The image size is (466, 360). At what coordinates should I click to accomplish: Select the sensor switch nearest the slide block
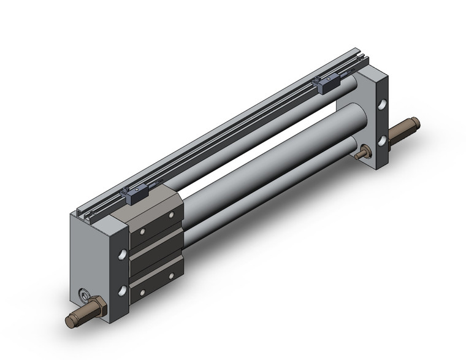tap(134, 194)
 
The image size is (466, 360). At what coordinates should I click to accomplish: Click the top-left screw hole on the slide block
tap(142, 232)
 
